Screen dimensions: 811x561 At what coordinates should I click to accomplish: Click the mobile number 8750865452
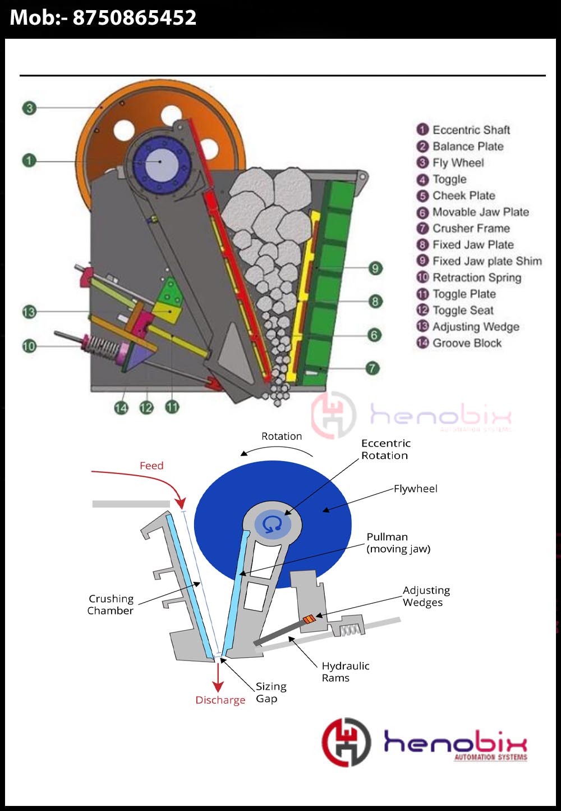[x=135, y=17]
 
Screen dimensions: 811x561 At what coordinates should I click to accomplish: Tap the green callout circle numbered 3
[x=29, y=108]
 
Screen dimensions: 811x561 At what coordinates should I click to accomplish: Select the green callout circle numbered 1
[x=29, y=161]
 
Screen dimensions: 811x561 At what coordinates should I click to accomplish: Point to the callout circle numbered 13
[x=29, y=312]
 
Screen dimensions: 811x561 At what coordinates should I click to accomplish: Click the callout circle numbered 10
[x=29, y=346]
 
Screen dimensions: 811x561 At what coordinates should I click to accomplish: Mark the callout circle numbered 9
[x=375, y=268]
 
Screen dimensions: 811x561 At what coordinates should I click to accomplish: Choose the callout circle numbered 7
[x=372, y=368]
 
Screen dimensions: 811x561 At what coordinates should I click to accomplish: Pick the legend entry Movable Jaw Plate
[x=473, y=212]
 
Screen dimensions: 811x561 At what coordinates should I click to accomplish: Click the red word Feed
[x=151, y=466]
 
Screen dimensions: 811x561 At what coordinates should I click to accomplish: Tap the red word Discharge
[x=220, y=700]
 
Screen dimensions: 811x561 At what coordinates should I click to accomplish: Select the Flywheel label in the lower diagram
[x=415, y=489]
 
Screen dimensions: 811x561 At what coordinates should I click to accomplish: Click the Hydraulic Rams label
[x=345, y=672]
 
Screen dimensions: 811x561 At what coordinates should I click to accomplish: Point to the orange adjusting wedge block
[x=309, y=619]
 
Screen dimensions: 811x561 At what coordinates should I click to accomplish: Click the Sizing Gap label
[x=271, y=692]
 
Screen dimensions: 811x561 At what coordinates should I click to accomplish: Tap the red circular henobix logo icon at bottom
[x=346, y=742]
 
